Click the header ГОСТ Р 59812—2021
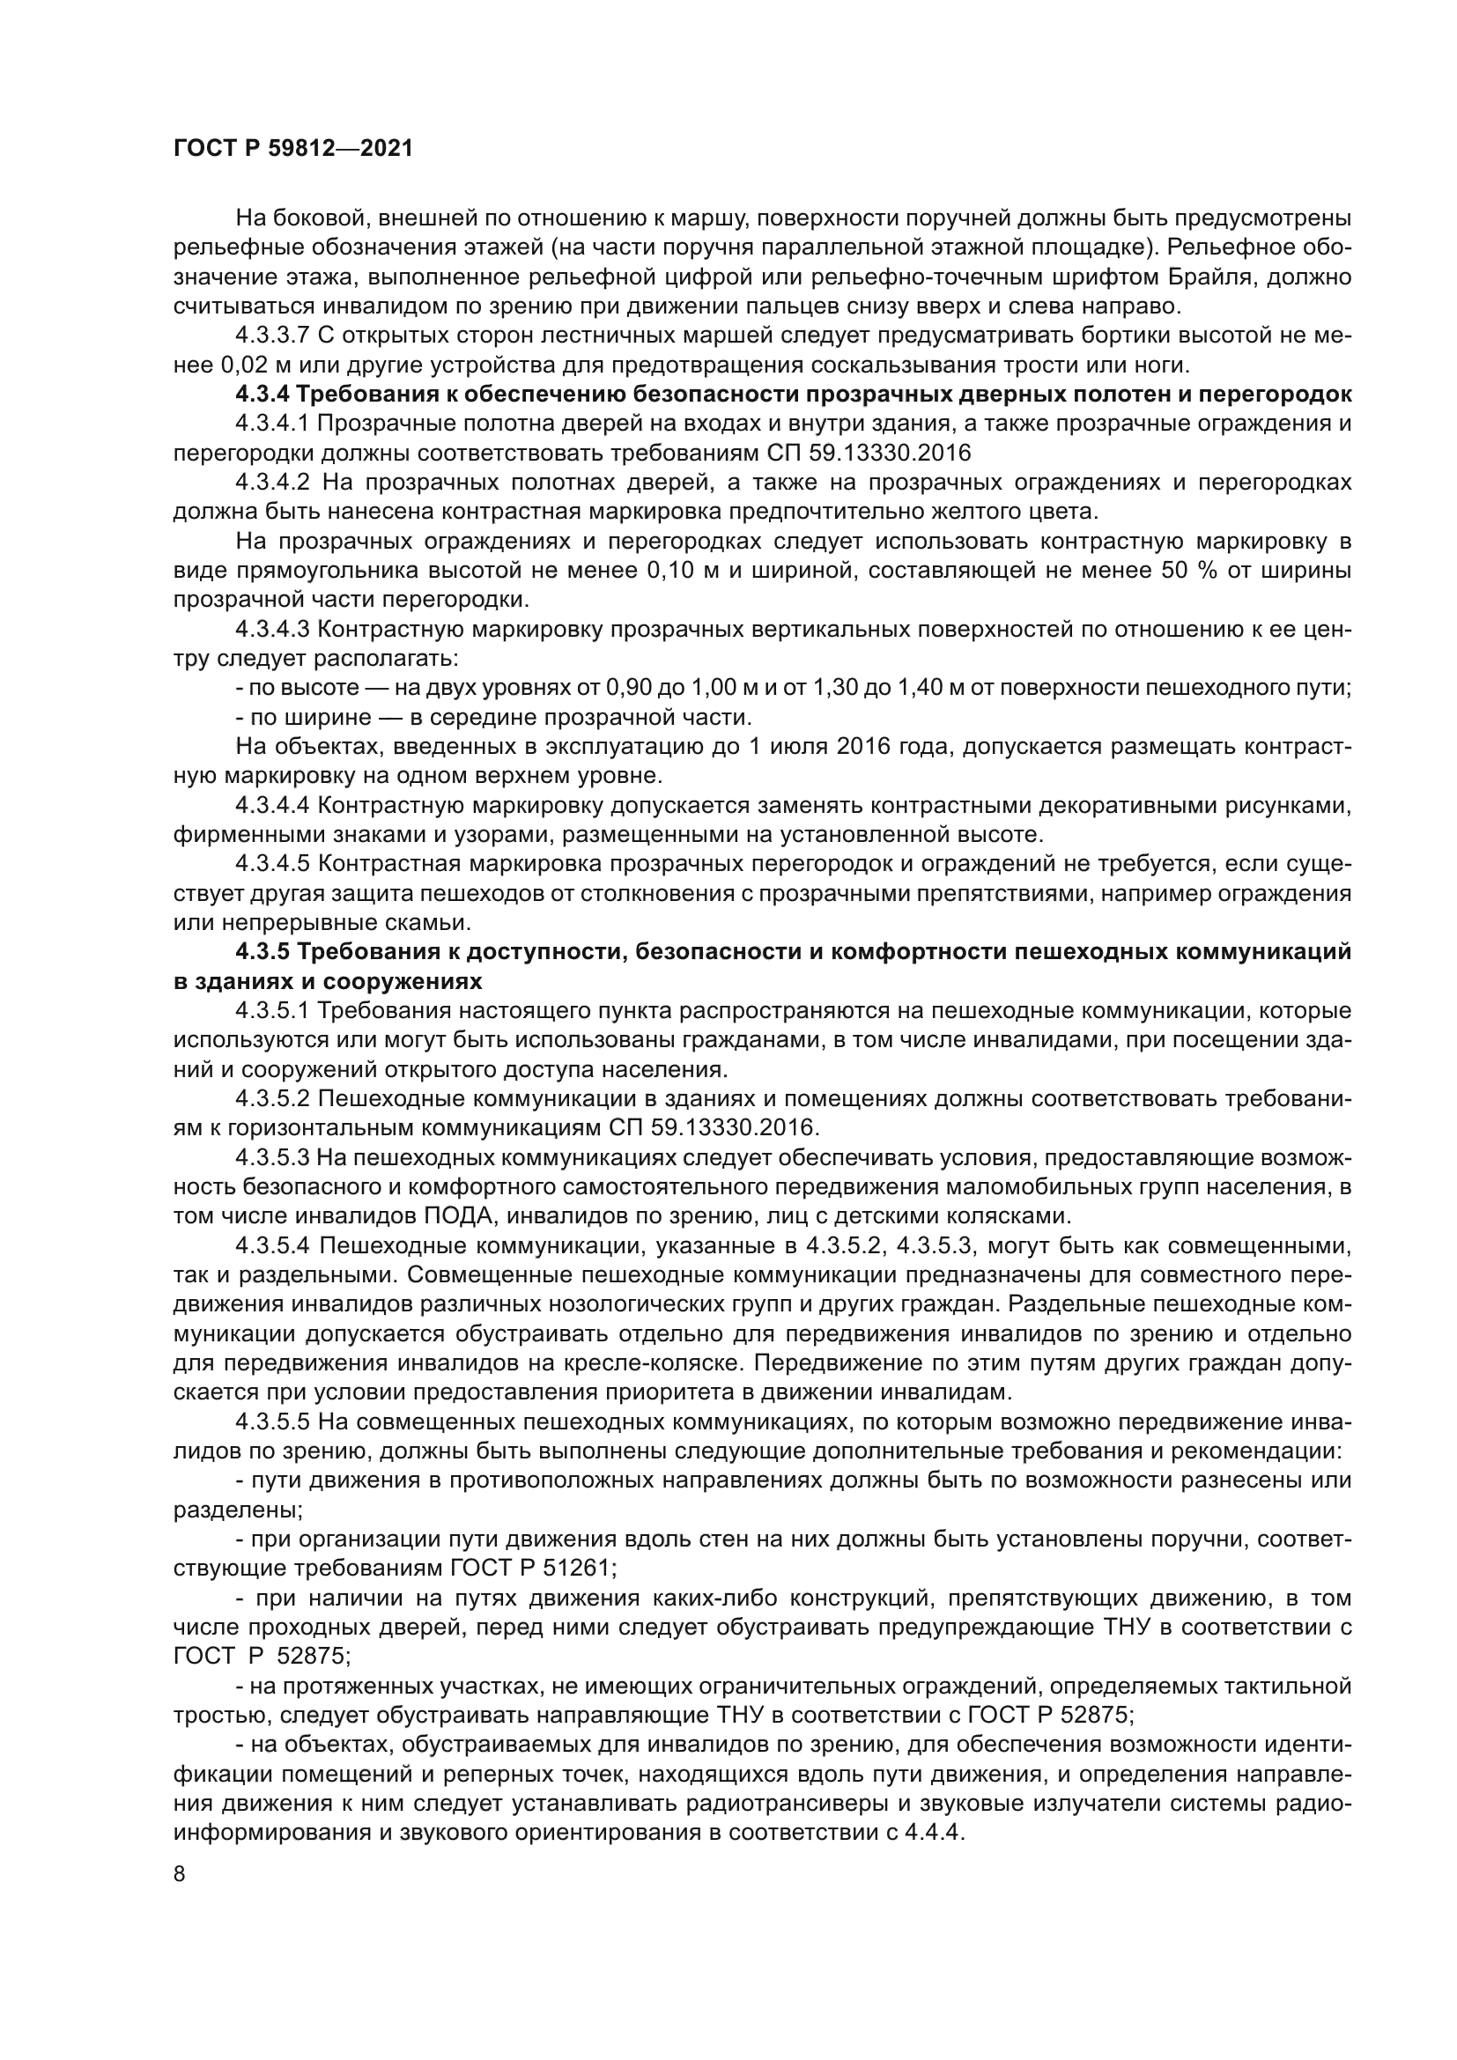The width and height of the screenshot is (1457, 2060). pyautogui.click(x=292, y=149)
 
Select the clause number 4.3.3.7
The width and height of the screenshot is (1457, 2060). pyautogui.click(x=273, y=336)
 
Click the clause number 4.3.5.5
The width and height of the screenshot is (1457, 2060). pyautogui.click(x=273, y=1423)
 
